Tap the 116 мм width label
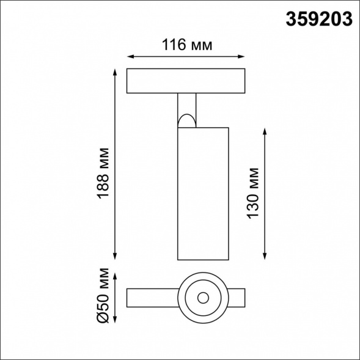[x=186, y=45]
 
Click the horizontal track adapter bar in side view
[x=186, y=82]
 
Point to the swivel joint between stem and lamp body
[x=187, y=119]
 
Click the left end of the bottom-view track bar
[x=131, y=298]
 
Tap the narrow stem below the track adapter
[x=187, y=104]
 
